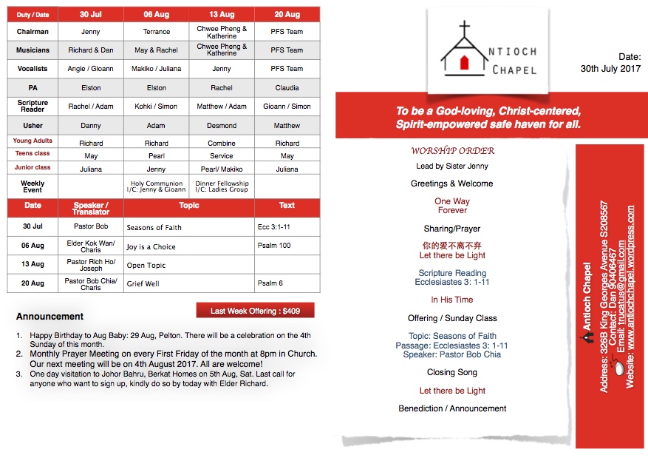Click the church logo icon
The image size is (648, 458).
click(463, 50)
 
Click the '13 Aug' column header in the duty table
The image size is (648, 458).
click(222, 15)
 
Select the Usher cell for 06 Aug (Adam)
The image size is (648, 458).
click(156, 126)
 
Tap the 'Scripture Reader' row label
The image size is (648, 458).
click(33, 107)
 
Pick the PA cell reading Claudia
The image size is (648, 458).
click(287, 87)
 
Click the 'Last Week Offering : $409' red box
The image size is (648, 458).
click(255, 311)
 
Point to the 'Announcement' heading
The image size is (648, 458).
click(50, 317)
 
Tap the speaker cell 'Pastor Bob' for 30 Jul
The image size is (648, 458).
click(91, 226)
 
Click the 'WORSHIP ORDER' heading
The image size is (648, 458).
click(452, 151)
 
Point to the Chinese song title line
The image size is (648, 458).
click(452, 245)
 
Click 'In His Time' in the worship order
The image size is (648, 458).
click(452, 300)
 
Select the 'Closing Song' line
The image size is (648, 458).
click(452, 372)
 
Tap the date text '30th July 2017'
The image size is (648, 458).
click(610, 69)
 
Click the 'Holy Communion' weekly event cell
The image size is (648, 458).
click(156, 186)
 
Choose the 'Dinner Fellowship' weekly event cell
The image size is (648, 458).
click(222, 186)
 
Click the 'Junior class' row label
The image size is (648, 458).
click(33, 168)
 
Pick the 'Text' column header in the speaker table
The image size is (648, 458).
click(287, 206)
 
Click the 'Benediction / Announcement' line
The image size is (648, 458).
click(452, 408)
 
